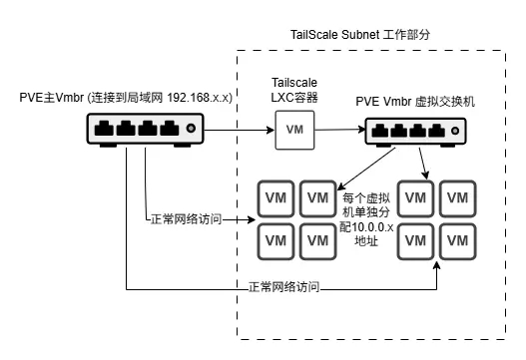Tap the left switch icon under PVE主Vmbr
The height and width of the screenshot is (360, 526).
point(145,127)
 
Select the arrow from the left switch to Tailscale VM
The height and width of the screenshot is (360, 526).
point(240,130)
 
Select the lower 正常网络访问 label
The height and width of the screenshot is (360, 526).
point(283,287)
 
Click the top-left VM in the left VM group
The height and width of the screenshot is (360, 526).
point(273,195)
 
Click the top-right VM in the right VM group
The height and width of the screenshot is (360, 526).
point(458,195)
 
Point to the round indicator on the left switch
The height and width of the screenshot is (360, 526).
point(192,127)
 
